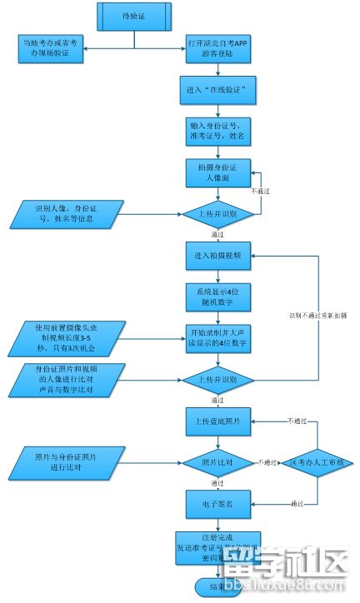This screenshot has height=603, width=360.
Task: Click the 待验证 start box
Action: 134,14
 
